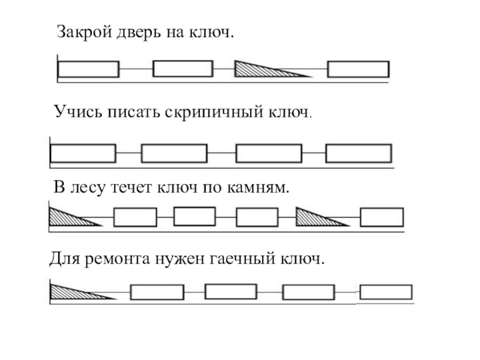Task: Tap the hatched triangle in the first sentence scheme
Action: [x=258, y=69]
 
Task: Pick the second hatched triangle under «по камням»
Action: [x=315, y=217]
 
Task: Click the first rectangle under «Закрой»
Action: [x=88, y=69]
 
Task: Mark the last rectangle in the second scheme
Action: [x=358, y=153]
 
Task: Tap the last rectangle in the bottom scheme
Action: [x=386, y=292]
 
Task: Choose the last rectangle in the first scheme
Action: [x=358, y=69]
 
